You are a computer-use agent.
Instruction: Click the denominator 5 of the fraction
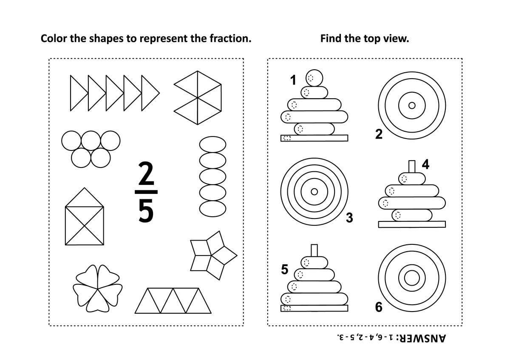[x=146, y=210]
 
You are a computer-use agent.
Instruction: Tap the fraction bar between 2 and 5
[x=146, y=192]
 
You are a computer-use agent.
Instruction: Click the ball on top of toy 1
[x=314, y=78]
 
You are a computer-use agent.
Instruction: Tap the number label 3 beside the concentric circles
[x=349, y=218]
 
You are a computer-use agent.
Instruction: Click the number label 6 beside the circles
[x=379, y=307]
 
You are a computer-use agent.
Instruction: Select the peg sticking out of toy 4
[x=412, y=167]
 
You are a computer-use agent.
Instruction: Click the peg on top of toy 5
[x=314, y=250]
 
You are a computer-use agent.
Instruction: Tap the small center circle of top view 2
[x=412, y=105]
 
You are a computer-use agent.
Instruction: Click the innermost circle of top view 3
[x=314, y=192]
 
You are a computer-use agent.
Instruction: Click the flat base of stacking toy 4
[x=412, y=224]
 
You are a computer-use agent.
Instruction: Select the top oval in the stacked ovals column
[x=212, y=145]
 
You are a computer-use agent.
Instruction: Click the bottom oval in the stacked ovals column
[x=212, y=209]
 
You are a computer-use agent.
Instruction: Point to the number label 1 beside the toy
[x=293, y=80]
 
